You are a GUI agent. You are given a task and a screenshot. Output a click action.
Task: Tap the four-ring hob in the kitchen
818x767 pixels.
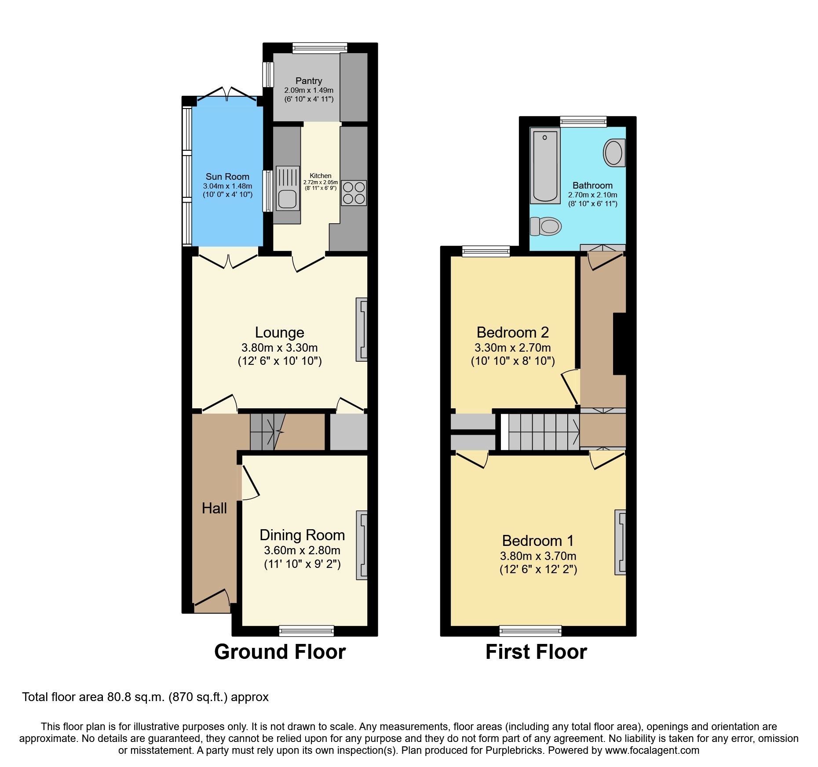(x=354, y=193)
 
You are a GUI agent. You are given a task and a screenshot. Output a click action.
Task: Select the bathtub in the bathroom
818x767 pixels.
(x=545, y=166)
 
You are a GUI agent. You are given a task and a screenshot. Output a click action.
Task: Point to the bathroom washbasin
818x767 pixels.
(x=614, y=153)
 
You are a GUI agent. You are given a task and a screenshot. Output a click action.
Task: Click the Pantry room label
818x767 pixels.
(x=308, y=81)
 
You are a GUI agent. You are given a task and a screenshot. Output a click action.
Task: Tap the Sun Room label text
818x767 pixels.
(x=227, y=176)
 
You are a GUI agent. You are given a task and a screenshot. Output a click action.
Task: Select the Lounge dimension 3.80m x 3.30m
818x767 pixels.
(x=279, y=348)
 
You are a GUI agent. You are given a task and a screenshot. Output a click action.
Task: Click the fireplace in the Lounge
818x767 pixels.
(x=362, y=330)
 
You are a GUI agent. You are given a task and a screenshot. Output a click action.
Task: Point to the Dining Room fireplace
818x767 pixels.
(x=362, y=545)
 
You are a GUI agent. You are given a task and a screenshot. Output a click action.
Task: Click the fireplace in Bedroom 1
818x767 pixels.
(x=620, y=542)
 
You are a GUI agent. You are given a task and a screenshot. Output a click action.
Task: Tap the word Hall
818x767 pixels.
(x=214, y=509)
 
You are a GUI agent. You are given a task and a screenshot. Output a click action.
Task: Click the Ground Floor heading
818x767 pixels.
(x=280, y=652)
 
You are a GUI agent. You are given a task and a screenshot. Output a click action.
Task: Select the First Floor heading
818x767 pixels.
(x=536, y=652)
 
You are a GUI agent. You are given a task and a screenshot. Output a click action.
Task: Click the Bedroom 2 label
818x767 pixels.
(x=512, y=332)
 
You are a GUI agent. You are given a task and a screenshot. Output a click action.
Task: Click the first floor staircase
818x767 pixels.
(x=544, y=432)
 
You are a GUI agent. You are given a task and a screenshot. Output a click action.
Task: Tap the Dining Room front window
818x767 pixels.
(x=306, y=631)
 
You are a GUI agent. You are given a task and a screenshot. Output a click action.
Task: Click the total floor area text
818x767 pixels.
(x=145, y=697)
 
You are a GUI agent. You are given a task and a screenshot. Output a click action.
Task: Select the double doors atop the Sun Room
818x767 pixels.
(x=227, y=94)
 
